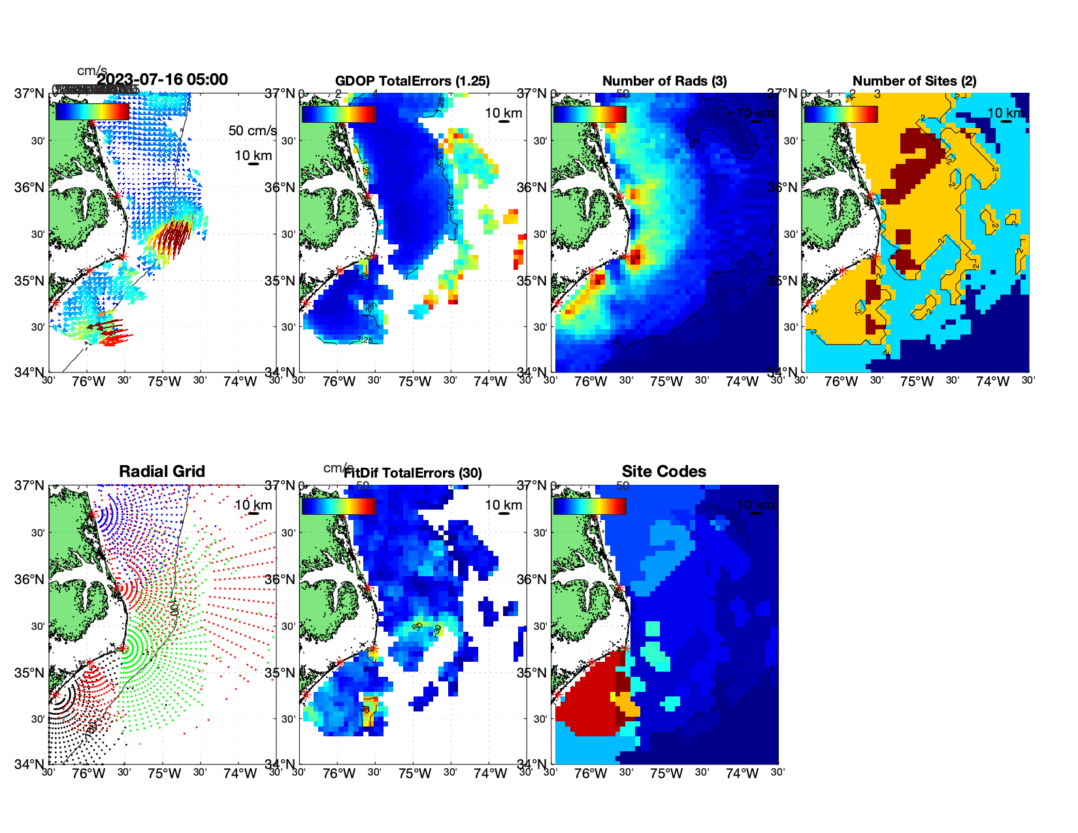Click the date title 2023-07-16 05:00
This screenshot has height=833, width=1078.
[x=162, y=80]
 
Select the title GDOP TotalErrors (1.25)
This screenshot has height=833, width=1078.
[x=412, y=81]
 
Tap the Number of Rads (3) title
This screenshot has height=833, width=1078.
[x=664, y=81]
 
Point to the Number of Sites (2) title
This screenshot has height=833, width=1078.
[x=914, y=81]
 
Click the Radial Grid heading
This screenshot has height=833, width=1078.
[x=162, y=472]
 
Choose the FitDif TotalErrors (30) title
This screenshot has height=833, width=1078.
[x=413, y=473]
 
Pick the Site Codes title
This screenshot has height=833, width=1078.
[x=664, y=472]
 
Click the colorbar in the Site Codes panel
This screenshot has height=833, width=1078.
[x=589, y=506]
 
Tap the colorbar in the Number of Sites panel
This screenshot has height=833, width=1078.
[x=840, y=114]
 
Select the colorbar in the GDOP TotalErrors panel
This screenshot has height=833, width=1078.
[x=338, y=114]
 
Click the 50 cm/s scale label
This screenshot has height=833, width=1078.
[x=252, y=131]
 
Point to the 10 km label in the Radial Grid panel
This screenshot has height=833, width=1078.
[x=253, y=505]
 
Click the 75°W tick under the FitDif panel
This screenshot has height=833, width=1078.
[x=415, y=774]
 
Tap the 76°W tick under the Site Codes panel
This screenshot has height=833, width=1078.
[x=590, y=774]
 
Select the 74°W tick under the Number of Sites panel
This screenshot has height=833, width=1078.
[x=992, y=382]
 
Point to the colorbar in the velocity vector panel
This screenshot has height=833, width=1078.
[x=92, y=112]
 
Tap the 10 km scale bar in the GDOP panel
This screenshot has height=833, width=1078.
[x=504, y=122]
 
